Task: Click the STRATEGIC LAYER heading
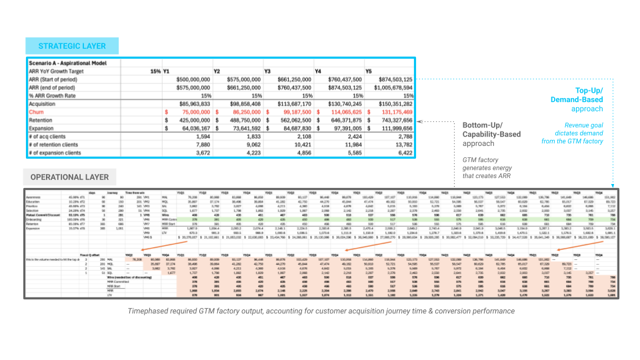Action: click(x=72, y=46)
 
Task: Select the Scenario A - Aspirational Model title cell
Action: click(x=65, y=62)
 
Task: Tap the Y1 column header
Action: click(x=167, y=71)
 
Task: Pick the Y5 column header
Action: click(x=368, y=71)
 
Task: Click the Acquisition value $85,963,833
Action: click(x=187, y=104)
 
